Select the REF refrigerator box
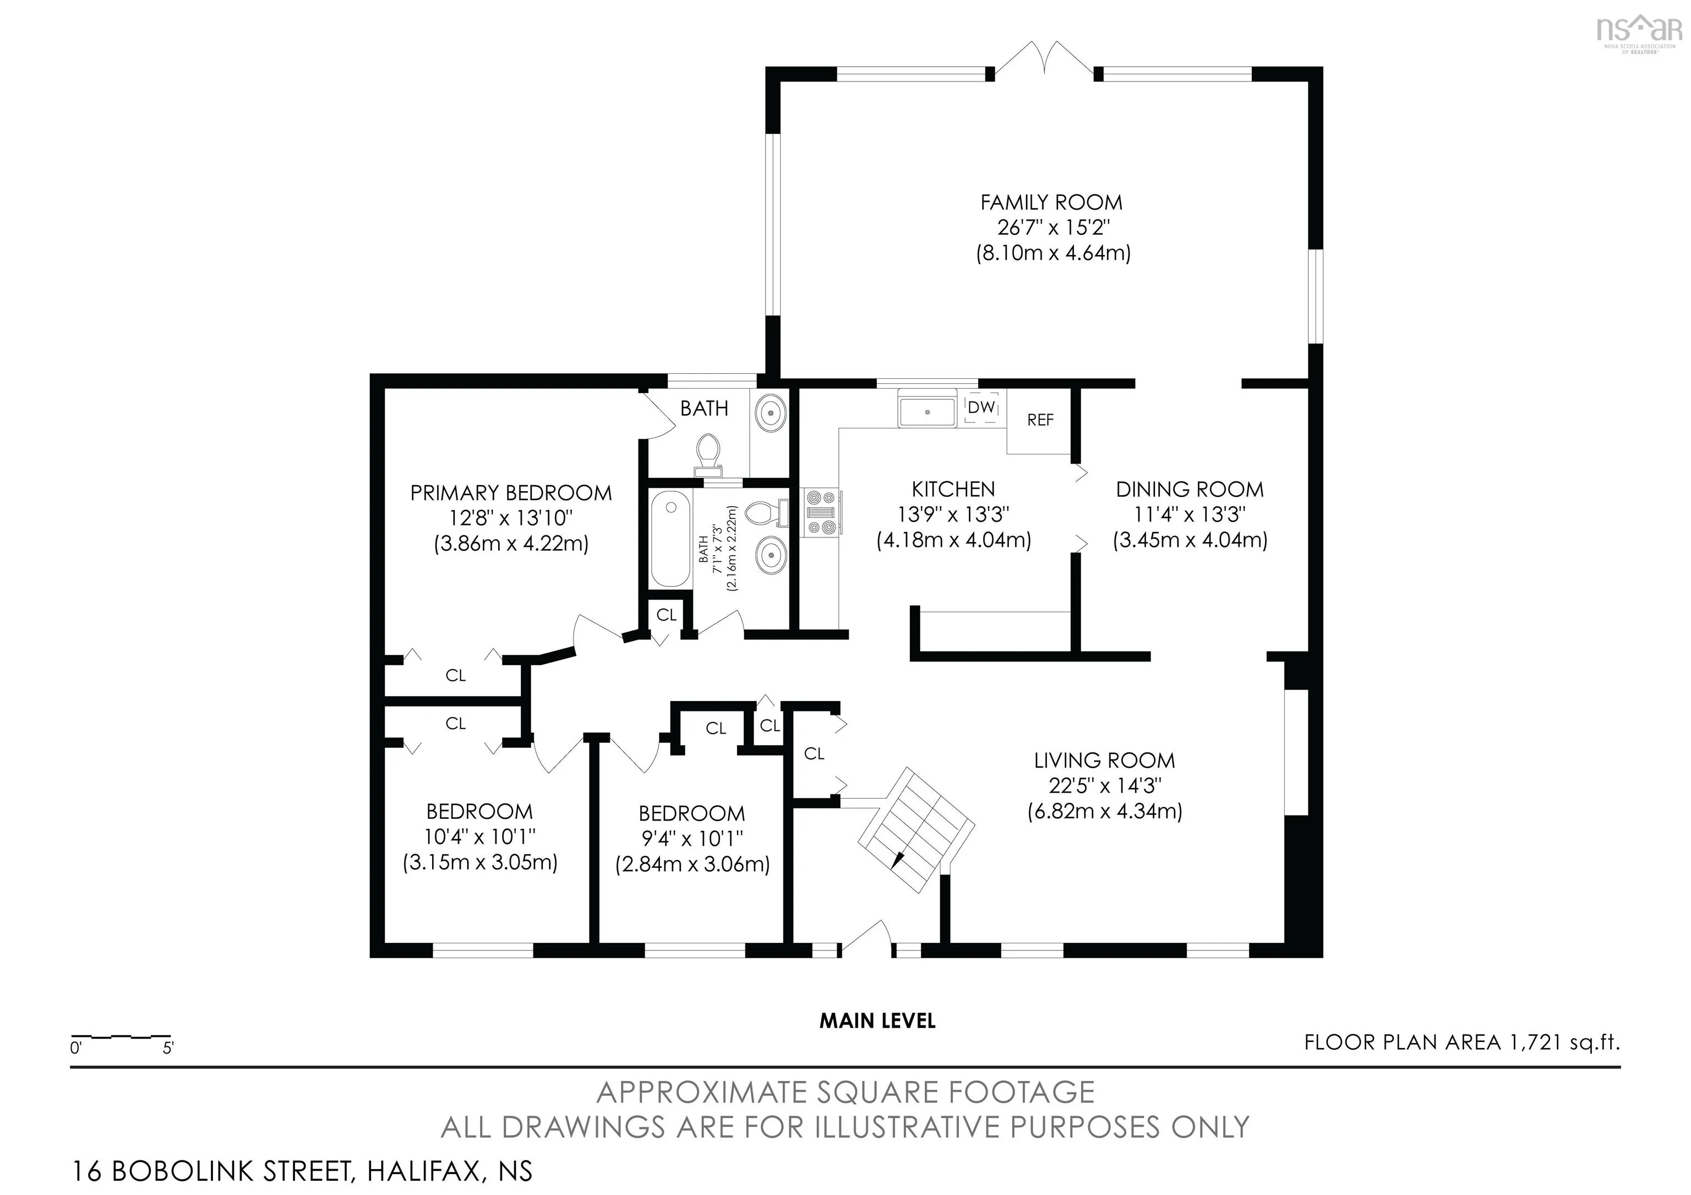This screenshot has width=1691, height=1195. coord(1039,421)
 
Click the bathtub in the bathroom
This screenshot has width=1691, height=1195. coord(670,539)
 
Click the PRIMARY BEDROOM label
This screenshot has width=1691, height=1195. coord(511,493)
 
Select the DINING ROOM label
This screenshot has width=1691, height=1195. coord(1190,489)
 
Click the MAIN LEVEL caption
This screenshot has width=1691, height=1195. coord(877,1020)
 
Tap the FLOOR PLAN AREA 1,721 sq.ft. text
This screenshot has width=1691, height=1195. coord(1462,1042)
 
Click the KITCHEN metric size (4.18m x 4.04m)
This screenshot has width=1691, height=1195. coord(954,540)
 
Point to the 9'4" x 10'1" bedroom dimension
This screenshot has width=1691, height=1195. coord(692,838)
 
